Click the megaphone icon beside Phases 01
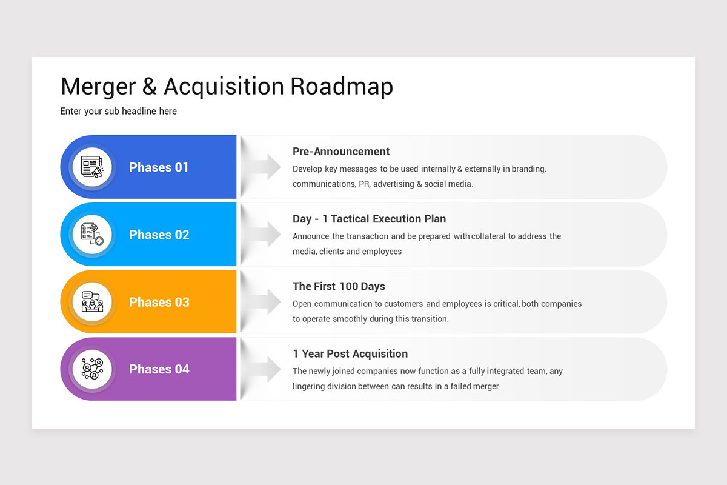coord(92,167)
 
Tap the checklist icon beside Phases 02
coord(92,235)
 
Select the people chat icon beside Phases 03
coord(92,302)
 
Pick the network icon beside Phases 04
coord(92,369)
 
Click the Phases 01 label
coord(159,167)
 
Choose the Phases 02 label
coord(159,235)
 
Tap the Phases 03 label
coord(159,302)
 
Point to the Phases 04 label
coord(159,369)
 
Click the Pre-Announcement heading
coord(341,152)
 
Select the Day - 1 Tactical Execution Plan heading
coord(369,219)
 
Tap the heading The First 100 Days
coord(339,286)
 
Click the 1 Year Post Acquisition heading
coord(350,353)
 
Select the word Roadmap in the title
coord(342,87)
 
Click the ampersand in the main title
coord(149,87)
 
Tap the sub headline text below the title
coord(118,111)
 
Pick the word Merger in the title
coord(98,87)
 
